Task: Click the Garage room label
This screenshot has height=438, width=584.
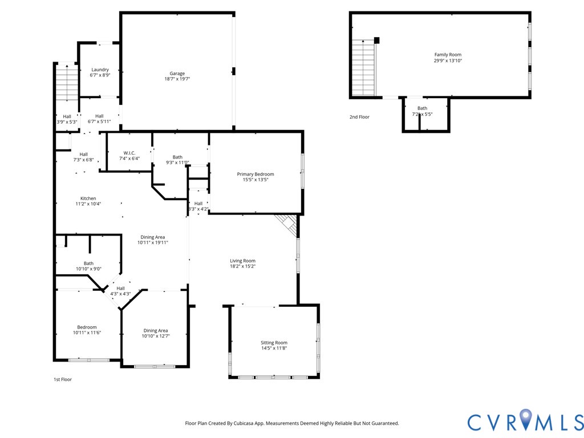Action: [177, 74]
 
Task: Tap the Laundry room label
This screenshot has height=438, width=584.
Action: [100, 70]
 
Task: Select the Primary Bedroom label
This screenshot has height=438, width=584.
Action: [255, 174]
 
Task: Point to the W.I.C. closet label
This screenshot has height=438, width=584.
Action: [129, 153]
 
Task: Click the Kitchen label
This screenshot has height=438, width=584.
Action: [88, 198]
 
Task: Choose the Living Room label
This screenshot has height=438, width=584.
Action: [242, 261]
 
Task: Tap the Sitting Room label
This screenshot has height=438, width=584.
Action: [274, 343]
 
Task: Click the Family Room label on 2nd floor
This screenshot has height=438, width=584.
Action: [448, 55]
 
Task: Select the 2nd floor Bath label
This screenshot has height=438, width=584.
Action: [422, 108]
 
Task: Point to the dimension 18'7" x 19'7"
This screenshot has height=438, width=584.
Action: [177, 79]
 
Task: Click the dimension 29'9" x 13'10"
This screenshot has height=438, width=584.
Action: [448, 60]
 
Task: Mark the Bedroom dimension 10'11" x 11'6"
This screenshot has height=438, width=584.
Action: [87, 333]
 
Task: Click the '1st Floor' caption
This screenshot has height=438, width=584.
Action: [62, 379]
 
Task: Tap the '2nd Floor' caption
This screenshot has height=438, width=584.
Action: [359, 117]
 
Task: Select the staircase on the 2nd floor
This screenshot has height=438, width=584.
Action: [363, 68]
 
